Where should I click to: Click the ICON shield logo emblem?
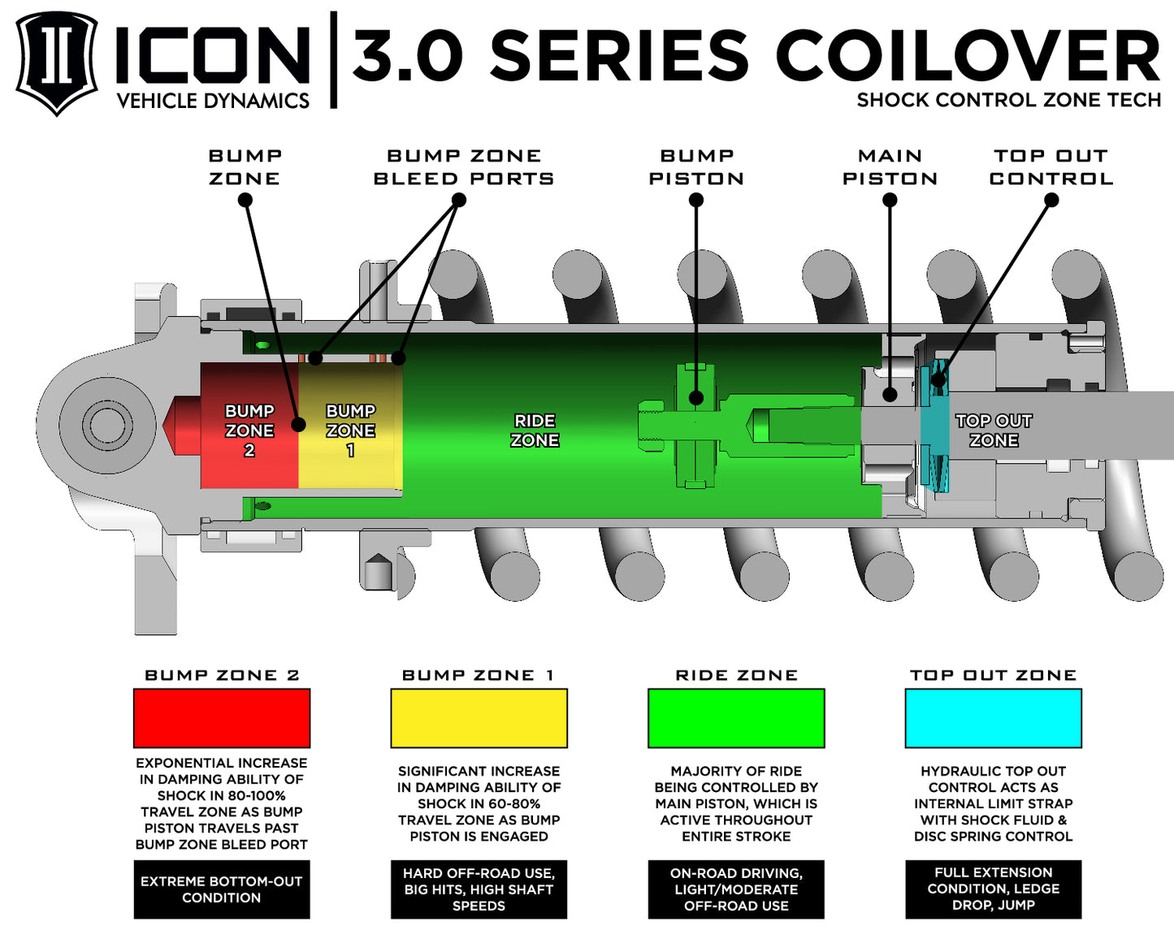coord(56,62)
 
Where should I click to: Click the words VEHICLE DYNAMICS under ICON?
coord(213,101)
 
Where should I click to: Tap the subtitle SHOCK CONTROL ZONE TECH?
coord(1008,100)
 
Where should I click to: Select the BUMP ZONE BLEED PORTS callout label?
coord(464,167)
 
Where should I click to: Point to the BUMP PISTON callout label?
coord(696,167)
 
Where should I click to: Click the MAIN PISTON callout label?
coord(890,167)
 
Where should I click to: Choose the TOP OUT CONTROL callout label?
coord(1051,167)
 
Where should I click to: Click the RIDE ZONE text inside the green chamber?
coord(535,431)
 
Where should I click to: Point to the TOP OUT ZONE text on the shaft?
coord(993,431)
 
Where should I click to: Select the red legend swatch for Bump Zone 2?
coord(222,718)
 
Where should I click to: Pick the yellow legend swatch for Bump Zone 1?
coord(479,718)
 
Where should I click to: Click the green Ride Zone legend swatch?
coord(736,718)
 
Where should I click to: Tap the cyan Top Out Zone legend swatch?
coord(993,718)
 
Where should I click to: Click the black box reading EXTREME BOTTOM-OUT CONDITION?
coord(222,889)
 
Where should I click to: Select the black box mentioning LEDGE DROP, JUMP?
coord(993,889)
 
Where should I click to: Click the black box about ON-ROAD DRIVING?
coord(736,889)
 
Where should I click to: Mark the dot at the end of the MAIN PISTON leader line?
coord(890,395)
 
